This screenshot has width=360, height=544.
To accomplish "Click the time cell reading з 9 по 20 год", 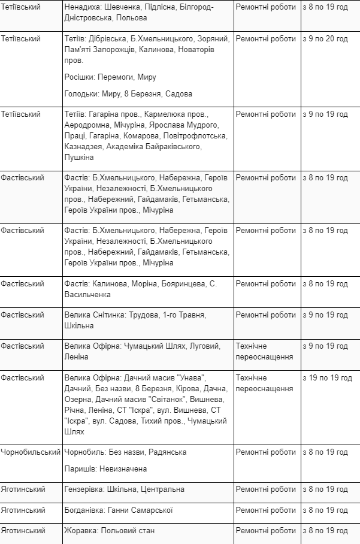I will click(x=326, y=39).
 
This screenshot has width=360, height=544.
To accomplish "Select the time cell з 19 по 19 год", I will click(x=328, y=378).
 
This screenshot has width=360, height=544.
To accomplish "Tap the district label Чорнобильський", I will click(x=31, y=452).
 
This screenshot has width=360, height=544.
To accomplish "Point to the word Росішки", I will click(x=80, y=77).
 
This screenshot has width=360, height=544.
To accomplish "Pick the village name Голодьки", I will click(x=81, y=94).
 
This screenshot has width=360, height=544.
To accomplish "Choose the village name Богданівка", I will click(x=84, y=510).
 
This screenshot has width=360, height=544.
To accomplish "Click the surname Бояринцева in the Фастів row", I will click(x=183, y=283).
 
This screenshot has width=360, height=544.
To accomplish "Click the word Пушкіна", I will click(x=79, y=158).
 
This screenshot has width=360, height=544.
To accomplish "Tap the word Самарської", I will click(x=151, y=510).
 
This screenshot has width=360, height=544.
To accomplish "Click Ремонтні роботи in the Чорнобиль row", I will click(x=266, y=452).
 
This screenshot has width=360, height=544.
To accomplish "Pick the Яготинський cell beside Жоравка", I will click(x=23, y=531).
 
